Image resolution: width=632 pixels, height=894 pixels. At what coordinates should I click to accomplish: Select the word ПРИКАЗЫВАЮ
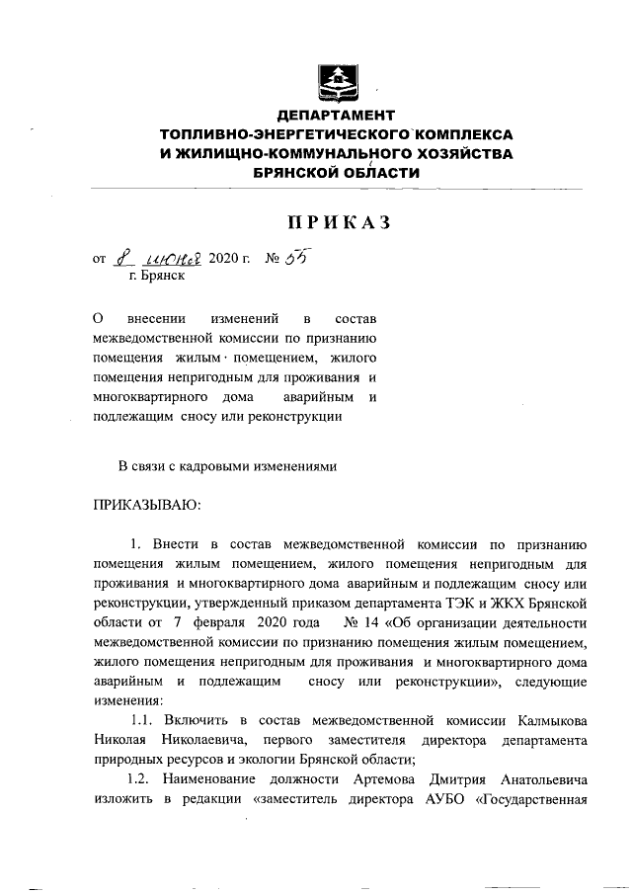pyautogui.click(x=146, y=506)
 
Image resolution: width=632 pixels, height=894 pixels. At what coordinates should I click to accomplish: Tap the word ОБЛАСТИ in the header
pyautogui.click(x=369, y=171)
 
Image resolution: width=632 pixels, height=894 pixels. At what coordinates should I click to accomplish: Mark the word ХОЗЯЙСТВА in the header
pyautogui.click(x=459, y=152)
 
